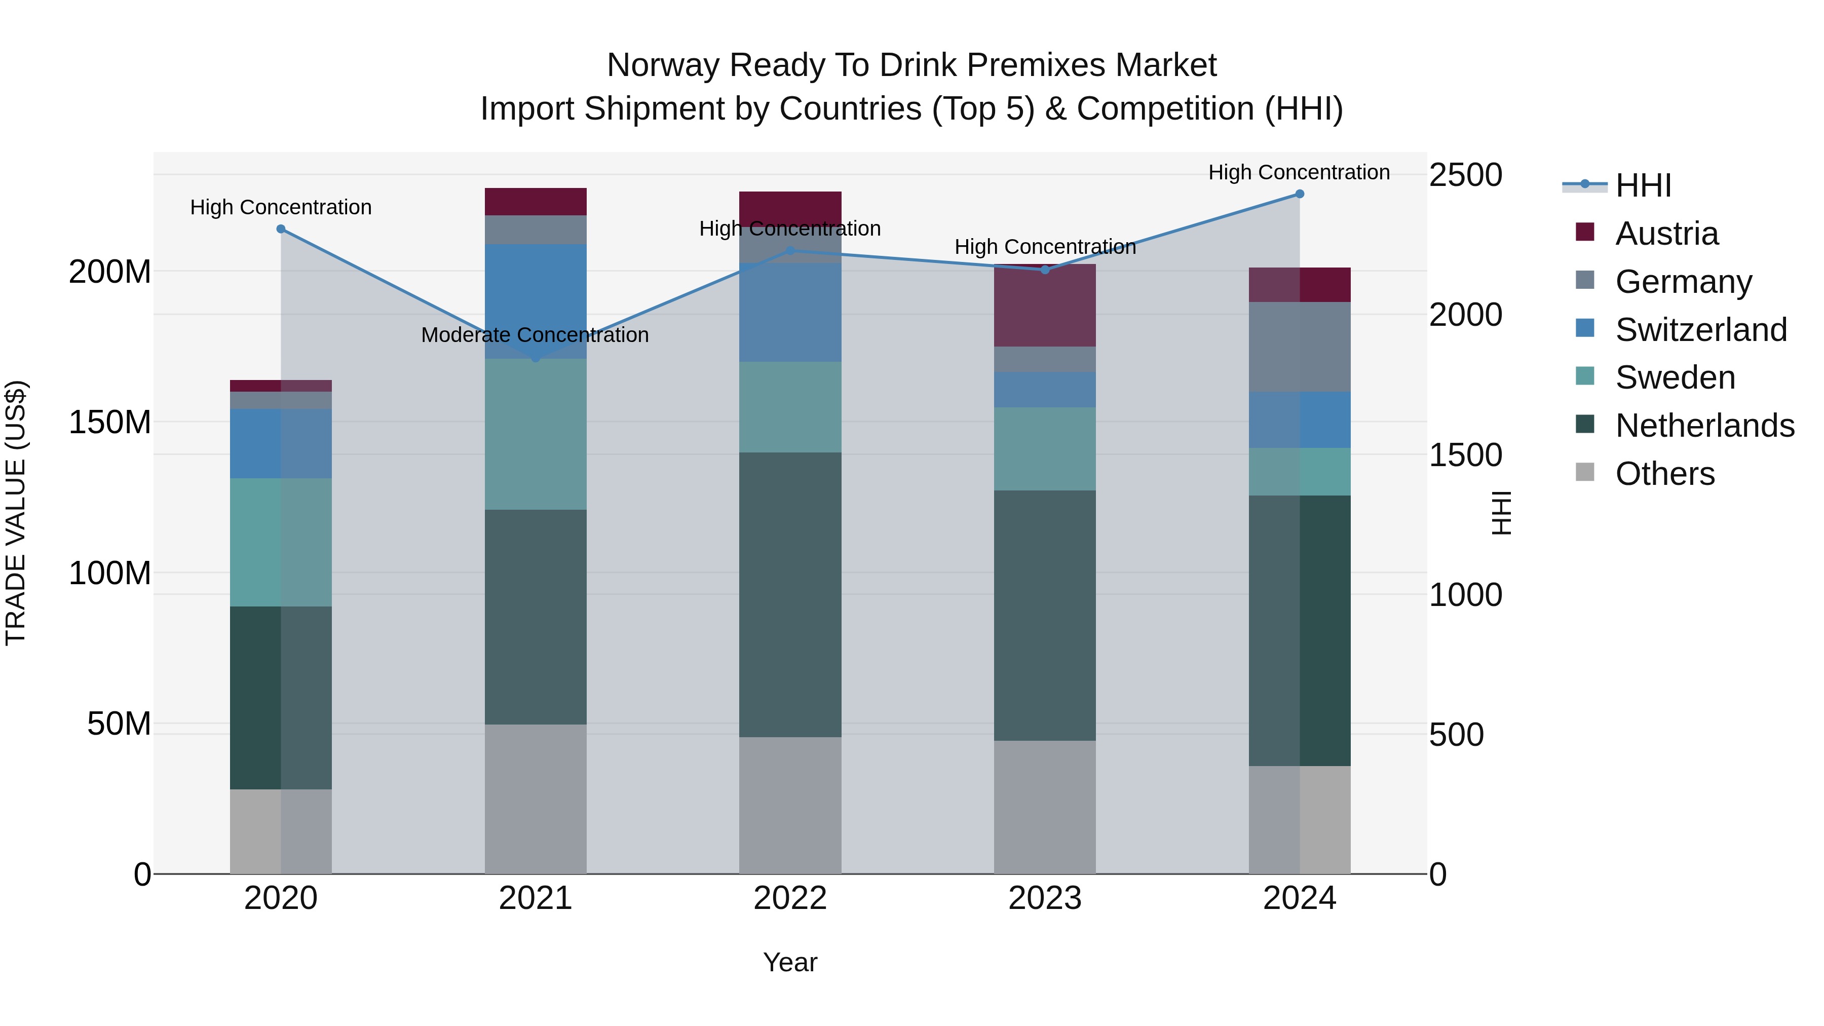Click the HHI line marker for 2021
click(536, 358)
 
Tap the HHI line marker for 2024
click(1299, 194)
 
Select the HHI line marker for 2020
click(281, 229)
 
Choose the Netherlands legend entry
click(1704, 426)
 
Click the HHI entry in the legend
click(1643, 185)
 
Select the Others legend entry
click(1665, 474)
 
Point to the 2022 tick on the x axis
click(790, 898)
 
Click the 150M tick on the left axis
click(110, 422)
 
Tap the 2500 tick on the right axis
click(1465, 175)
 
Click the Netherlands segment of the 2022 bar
click(790, 595)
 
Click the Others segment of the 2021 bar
click(536, 799)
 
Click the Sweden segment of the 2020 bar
click(281, 542)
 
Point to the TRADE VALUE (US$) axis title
click(16, 513)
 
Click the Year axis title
click(790, 962)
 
